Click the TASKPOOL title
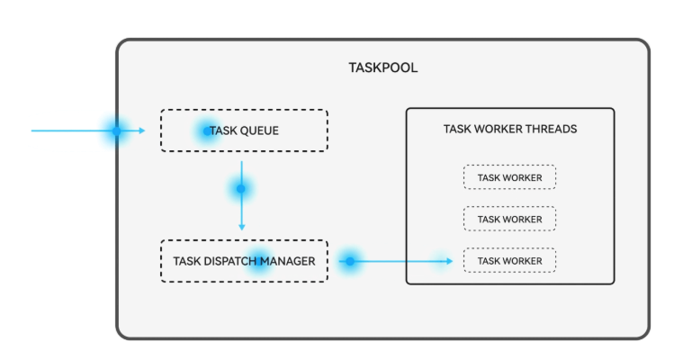coord(382,67)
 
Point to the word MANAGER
coord(289,262)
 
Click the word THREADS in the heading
coord(551,129)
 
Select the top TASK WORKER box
coord(509,177)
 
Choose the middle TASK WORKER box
coord(509,219)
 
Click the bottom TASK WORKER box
coord(509,261)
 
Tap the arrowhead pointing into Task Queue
coord(141,130)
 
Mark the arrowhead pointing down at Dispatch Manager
coord(241,227)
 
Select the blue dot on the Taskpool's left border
coord(116,130)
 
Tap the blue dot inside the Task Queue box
coord(206,130)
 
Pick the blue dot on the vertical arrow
coord(240,189)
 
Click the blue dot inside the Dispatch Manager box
coord(258,261)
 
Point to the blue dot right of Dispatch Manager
coord(349,262)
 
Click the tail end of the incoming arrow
coord(33,130)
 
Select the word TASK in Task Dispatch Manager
coord(186,262)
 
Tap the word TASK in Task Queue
coord(221,130)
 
